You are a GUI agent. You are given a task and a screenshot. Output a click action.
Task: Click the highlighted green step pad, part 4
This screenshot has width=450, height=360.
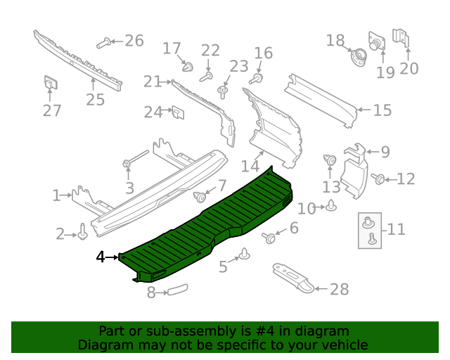pyautogui.click(x=211, y=225)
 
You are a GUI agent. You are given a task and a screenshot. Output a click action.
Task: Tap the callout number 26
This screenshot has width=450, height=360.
pyautogui.click(x=134, y=41)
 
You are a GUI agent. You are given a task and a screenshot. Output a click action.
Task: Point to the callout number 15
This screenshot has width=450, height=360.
pyautogui.click(x=382, y=110)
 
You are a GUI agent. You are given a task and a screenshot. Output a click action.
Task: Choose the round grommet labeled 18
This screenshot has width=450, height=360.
pyautogui.click(x=357, y=55)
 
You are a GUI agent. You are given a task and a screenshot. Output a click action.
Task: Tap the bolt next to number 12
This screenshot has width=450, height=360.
pyautogui.click(x=378, y=179)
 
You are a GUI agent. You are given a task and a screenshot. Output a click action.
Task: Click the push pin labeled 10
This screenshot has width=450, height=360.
pyautogui.click(x=331, y=206)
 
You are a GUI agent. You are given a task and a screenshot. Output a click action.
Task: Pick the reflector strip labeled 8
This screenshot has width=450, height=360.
pyautogui.click(x=175, y=290)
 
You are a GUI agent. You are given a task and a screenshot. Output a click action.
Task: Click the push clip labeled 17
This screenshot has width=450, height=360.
pyautogui.click(x=188, y=67)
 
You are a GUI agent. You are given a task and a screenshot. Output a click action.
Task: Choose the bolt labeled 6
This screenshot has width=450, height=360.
pyautogui.click(x=269, y=238)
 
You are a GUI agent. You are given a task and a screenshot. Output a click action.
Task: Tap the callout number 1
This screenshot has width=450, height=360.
pyautogui.click(x=56, y=195)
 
